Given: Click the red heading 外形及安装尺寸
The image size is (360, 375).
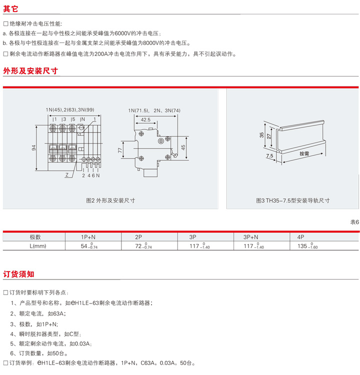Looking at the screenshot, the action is [30, 71].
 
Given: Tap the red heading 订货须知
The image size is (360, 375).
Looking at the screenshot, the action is [18, 274].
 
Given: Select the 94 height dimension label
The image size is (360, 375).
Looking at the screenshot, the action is [33, 148].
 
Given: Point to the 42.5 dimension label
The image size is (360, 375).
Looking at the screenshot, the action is [145, 119].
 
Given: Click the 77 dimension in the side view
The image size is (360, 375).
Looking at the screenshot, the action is [120, 150].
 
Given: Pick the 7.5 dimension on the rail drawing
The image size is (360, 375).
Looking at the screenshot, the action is [269, 155].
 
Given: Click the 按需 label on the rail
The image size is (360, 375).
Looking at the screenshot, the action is [304, 153].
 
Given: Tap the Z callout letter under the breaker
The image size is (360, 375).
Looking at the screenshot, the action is [66, 175].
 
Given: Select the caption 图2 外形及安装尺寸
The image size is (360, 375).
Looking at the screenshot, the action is [110, 200].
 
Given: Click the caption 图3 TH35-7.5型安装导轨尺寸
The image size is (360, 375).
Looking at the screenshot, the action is [293, 200].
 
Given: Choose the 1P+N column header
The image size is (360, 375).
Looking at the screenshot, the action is [88, 237].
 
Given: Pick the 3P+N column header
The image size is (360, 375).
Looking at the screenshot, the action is [250, 237].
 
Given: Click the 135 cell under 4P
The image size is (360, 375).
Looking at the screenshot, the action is [307, 246].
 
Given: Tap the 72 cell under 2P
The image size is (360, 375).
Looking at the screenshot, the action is [143, 246].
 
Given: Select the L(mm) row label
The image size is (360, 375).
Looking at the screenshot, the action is [38, 246].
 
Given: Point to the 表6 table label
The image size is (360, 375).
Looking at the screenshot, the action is [354, 222].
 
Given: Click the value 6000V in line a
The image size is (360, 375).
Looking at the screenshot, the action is [122, 33].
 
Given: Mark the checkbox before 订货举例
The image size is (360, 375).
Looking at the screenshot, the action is [5, 363].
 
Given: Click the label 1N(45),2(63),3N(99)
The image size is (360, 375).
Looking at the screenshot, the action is [70, 110].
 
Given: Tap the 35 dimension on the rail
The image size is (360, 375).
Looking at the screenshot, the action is [261, 135].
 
